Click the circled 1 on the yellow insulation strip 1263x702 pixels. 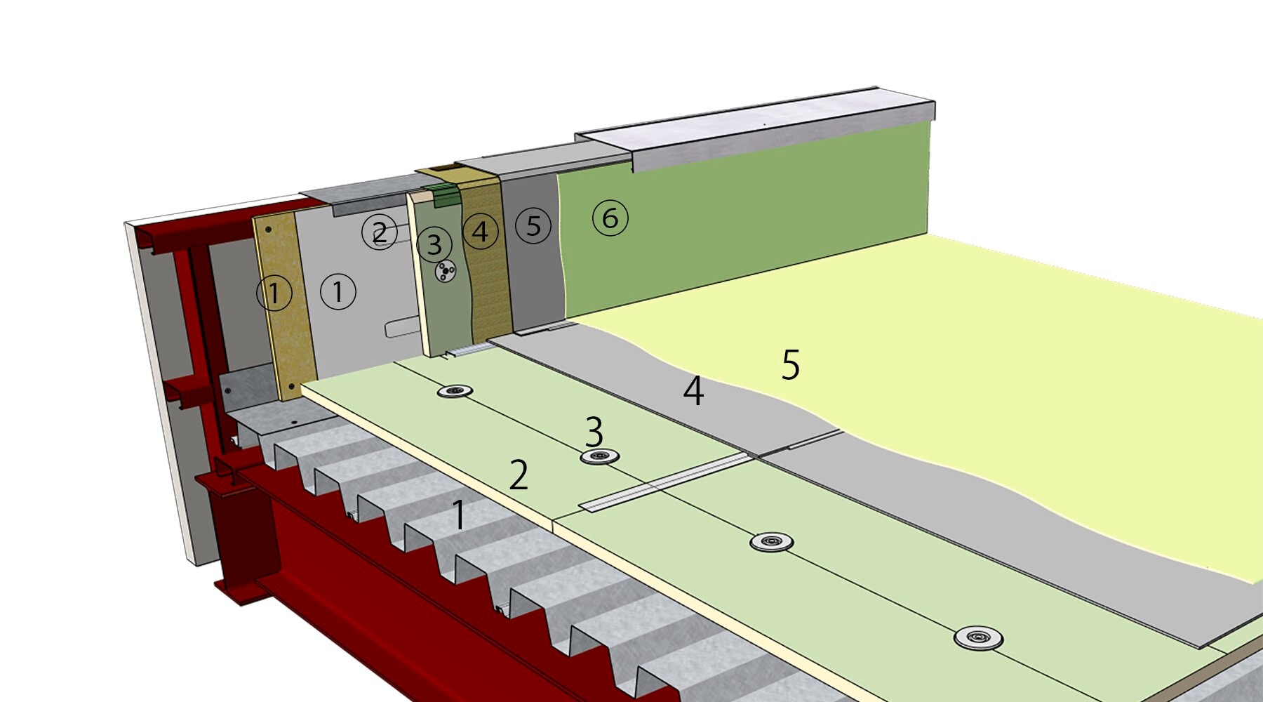[x=274, y=293]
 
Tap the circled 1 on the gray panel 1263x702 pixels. [x=338, y=291]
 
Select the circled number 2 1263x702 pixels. [x=380, y=232]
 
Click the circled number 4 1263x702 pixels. [x=480, y=231]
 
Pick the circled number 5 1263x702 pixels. [x=533, y=226]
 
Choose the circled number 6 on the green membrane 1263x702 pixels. [x=610, y=218]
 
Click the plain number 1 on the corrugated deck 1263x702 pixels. [x=458, y=515]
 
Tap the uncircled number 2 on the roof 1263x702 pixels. [x=519, y=476]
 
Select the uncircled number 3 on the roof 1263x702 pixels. [x=594, y=432]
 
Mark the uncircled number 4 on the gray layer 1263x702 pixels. [x=693, y=391]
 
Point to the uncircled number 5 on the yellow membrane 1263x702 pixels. [x=790, y=365]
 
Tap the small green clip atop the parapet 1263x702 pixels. [x=444, y=195]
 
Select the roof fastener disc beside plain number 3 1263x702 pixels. [x=599, y=457]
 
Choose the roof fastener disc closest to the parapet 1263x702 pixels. [x=455, y=391]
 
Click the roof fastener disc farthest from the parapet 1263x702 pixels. [x=978, y=638]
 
